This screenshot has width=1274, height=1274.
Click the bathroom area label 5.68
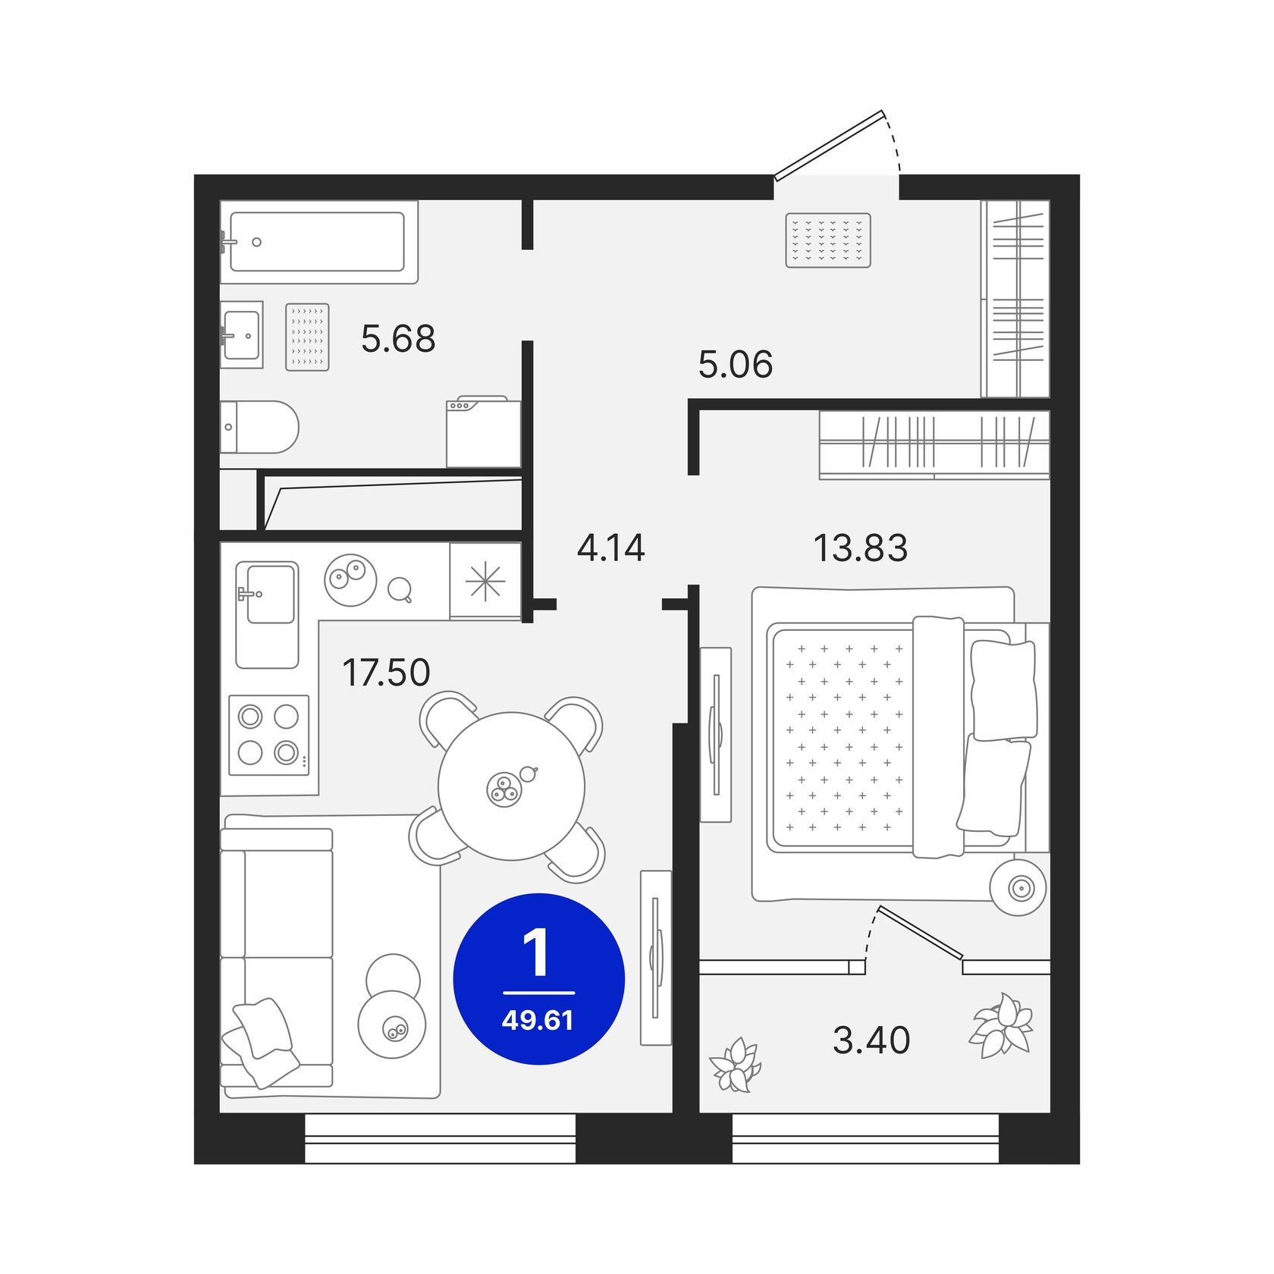398,339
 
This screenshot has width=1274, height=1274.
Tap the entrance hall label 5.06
735,365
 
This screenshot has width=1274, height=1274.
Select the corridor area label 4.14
610,548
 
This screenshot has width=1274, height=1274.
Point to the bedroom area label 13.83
860,548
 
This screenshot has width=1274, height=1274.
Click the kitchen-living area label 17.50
386,673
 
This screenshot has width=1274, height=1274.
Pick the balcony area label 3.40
871,1040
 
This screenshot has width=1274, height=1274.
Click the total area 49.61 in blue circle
538,1021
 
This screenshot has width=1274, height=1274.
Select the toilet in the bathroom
259,427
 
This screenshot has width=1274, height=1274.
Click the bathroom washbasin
242,334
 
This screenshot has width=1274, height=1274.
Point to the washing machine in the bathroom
483,432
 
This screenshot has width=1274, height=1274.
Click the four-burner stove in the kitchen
269,735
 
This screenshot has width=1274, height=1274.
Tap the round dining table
512,786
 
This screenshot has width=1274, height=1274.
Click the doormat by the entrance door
827,240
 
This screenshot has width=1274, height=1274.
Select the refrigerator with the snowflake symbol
485,581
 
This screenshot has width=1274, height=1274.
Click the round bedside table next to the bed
1018,886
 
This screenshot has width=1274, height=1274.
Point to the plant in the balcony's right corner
1001,1026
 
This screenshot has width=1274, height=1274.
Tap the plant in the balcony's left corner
735,1065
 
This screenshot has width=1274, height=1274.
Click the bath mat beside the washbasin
307,337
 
